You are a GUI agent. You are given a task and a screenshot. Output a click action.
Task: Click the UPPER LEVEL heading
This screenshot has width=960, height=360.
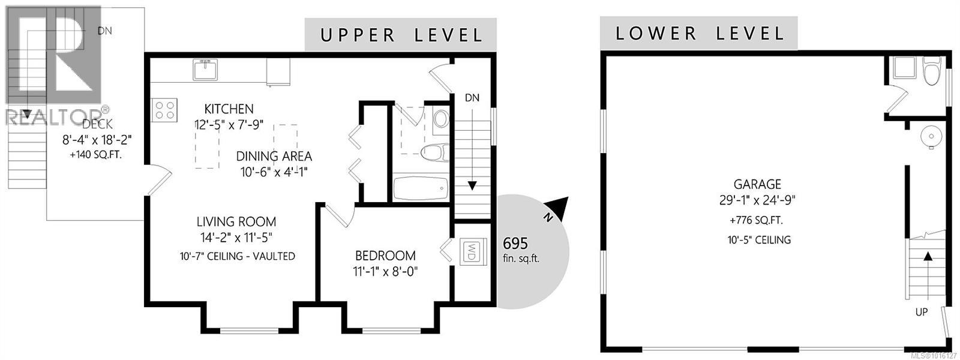(401, 35)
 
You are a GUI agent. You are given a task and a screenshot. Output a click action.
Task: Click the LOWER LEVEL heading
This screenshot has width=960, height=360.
(700, 33)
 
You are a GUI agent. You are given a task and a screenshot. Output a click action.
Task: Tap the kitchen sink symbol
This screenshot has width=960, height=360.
(206, 70)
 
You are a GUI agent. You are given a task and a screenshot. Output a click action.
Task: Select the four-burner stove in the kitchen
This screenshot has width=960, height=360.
(165, 110)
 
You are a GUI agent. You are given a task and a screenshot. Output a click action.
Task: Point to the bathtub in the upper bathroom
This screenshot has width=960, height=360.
(421, 188)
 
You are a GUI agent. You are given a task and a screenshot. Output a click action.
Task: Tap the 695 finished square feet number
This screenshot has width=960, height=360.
(515, 244)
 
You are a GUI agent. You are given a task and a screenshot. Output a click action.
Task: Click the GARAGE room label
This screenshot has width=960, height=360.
(757, 184)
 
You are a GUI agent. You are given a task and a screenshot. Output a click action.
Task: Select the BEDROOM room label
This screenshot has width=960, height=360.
(385, 255)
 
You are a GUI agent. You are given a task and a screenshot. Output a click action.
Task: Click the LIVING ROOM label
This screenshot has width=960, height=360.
(236, 221)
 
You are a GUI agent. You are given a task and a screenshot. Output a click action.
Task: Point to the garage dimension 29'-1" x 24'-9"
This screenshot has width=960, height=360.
(757, 200)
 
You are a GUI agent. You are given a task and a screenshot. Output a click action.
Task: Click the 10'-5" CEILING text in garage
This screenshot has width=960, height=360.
(757, 240)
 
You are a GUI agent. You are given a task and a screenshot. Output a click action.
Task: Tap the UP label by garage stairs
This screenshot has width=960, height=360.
(922, 313)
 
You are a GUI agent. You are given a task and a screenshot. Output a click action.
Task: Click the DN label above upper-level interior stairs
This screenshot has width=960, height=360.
(472, 98)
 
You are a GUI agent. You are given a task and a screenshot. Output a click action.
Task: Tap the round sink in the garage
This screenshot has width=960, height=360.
(931, 136)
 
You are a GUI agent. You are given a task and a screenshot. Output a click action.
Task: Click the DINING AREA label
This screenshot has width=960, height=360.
(274, 157)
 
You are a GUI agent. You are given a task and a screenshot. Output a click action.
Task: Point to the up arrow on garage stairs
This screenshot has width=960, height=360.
(928, 257)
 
